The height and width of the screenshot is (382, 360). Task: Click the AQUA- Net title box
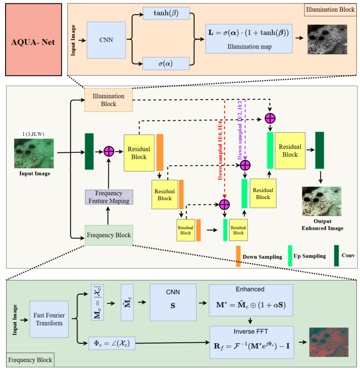tap(34, 40)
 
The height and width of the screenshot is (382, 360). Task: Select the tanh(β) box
tap(166, 13)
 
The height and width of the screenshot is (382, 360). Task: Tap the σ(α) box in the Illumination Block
tap(166, 64)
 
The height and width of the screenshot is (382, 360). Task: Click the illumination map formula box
tap(249, 39)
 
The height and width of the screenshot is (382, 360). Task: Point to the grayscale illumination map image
tap(327, 40)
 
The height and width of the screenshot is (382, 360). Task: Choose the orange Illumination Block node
tap(109, 100)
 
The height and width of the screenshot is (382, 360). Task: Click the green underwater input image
tap(34, 154)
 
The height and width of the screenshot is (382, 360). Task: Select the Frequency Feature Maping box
tap(109, 197)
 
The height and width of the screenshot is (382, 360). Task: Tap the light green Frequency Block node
tap(109, 235)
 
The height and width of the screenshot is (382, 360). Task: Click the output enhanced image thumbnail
tap(322, 201)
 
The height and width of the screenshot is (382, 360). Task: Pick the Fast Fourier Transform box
tap(49, 319)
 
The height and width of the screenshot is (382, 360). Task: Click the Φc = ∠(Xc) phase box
tap(112, 343)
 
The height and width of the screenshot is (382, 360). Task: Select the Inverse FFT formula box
tap(252, 342)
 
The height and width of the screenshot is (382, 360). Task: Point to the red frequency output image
tap(329, 342)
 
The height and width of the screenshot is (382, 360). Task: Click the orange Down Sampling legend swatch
tap(238, 256)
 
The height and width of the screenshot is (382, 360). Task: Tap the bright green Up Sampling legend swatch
tap(290, 256)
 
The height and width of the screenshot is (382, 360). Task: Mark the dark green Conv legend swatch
tap(336, 255)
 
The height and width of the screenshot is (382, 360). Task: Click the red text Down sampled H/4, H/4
tap(220, 150)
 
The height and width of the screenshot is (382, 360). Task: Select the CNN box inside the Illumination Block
tap(106, 40)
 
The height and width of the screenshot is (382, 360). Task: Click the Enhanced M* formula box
tap(251, 300)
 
